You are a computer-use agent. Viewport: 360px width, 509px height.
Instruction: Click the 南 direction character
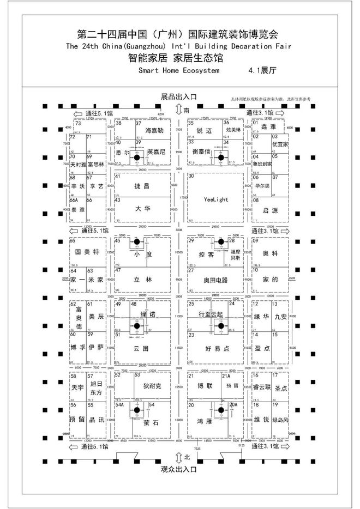(187, 110)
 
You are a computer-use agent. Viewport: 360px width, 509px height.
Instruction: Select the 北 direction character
(187, 456)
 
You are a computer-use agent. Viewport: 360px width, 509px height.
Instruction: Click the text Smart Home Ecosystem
(179, 71)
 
